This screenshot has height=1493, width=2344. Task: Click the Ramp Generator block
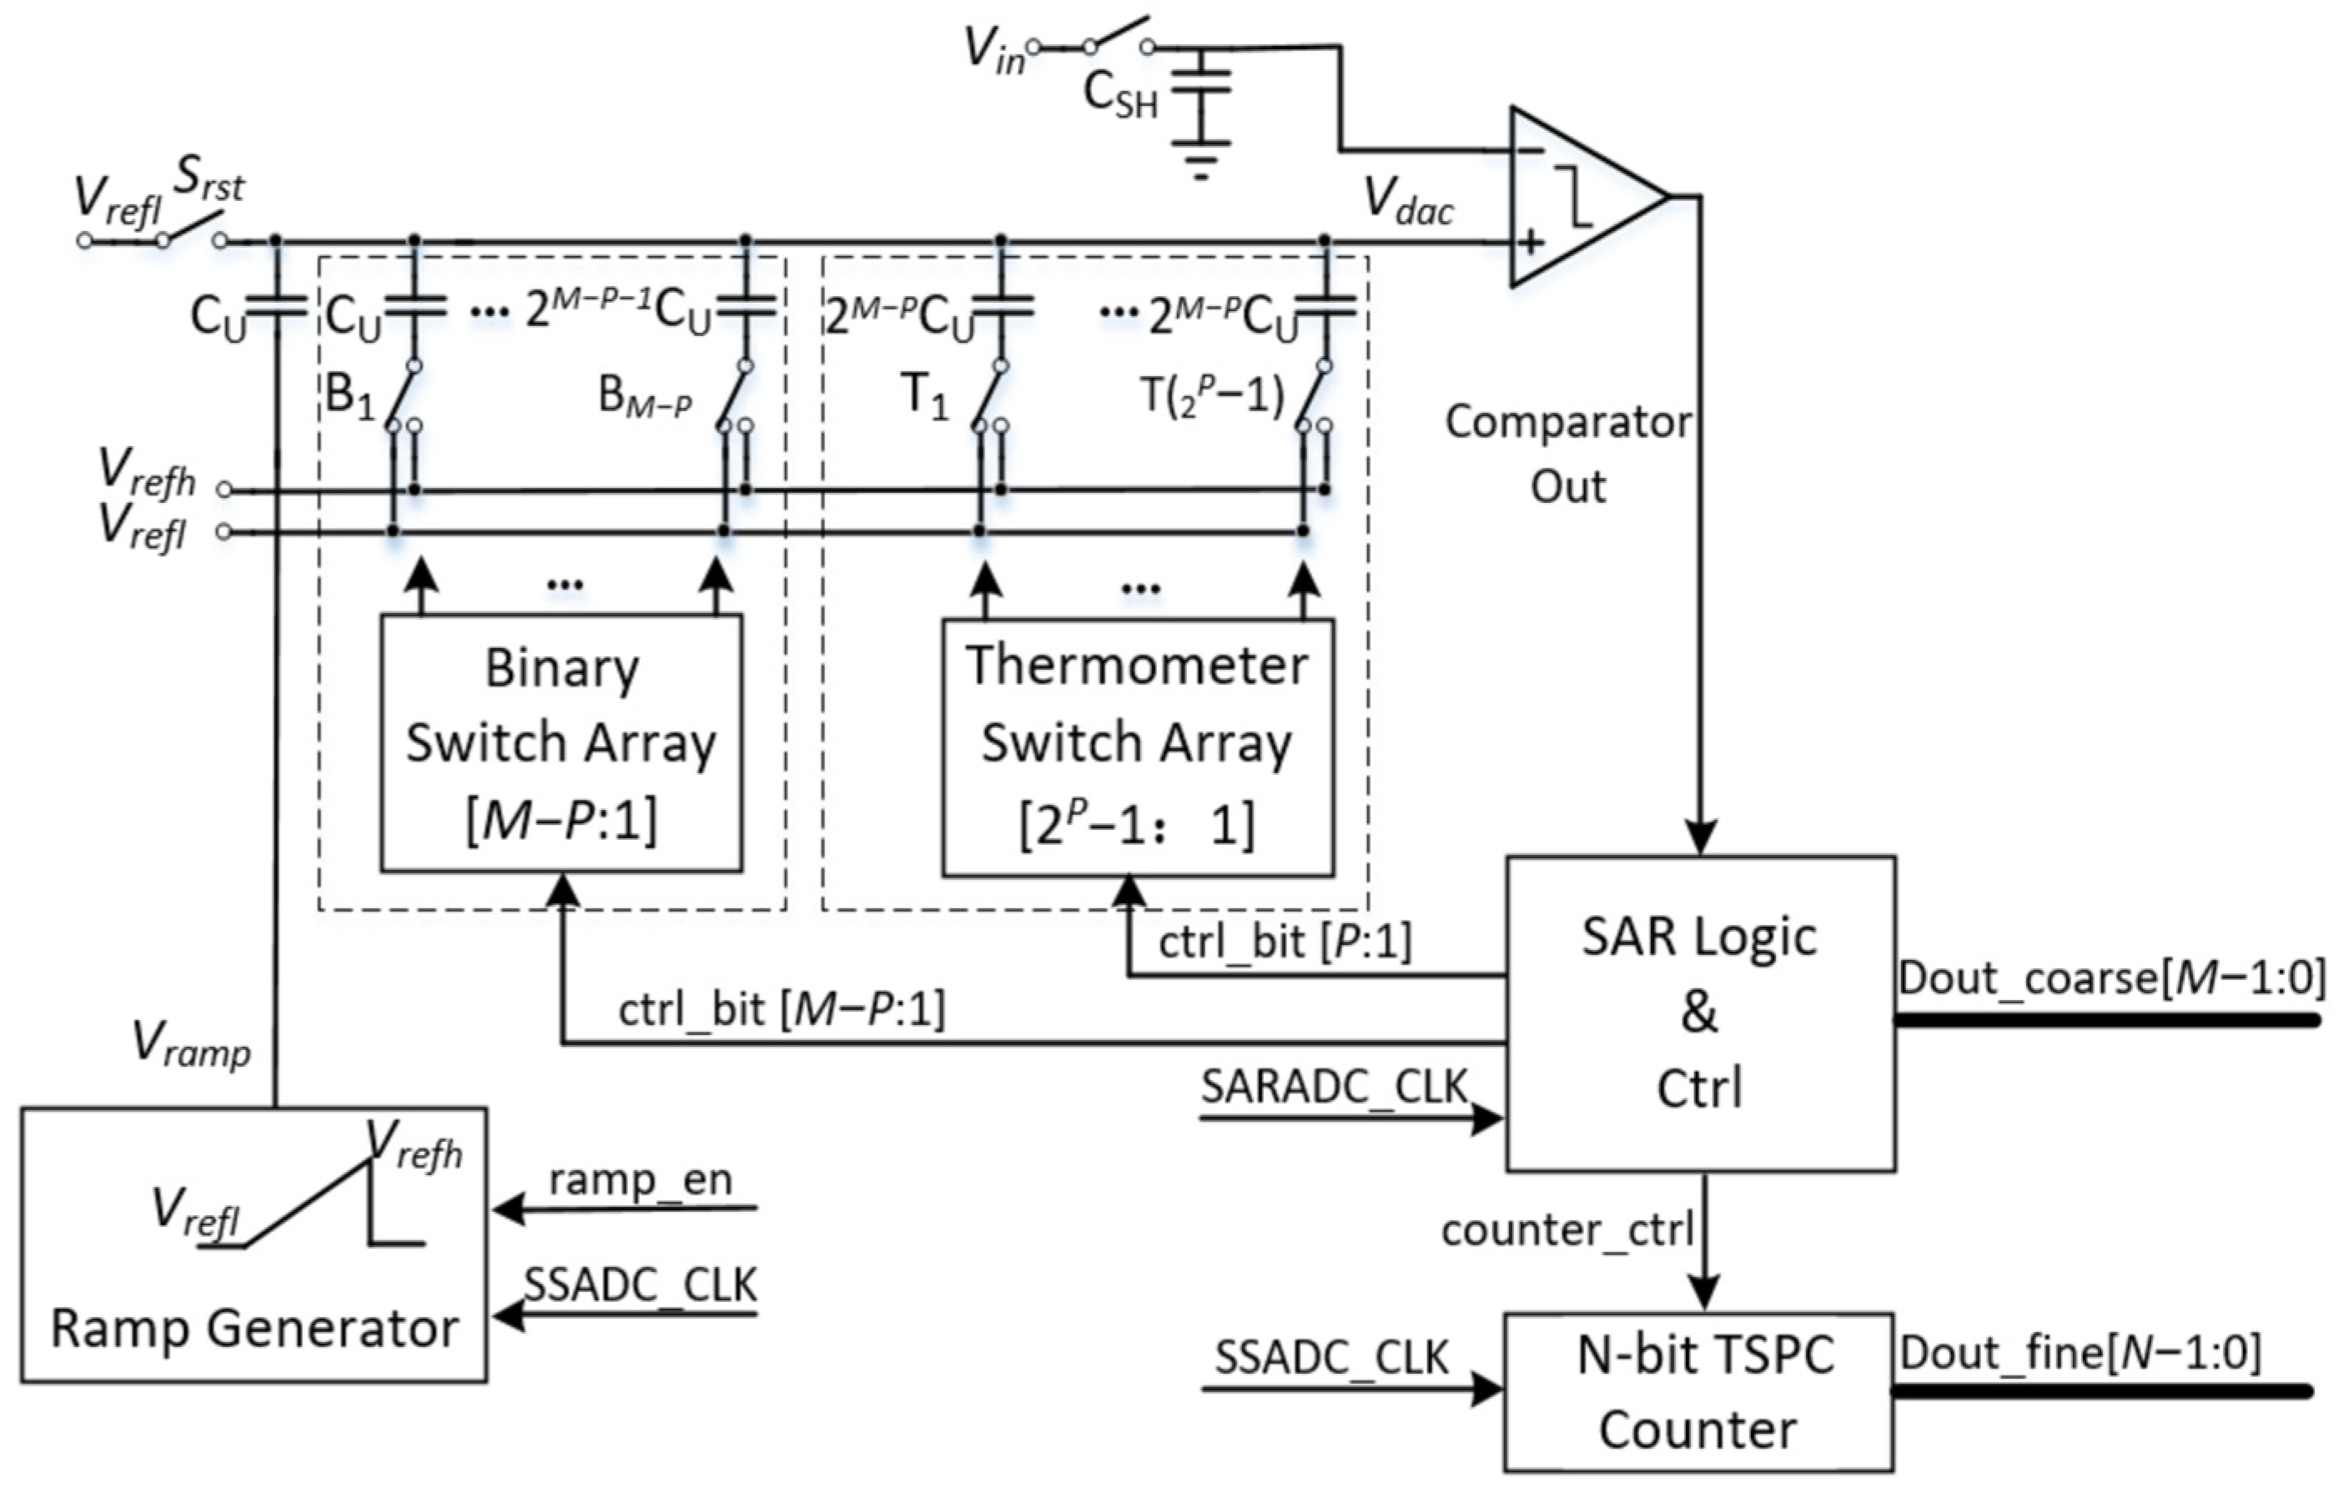(x=253, y=1246)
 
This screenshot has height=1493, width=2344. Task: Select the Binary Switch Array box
(x=561, y=743)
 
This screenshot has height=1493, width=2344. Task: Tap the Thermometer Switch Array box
(x=1137, y=747)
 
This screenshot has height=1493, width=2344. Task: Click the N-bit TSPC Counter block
(x=1698, y=1392)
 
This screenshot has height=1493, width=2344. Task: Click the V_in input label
(x=993, y=48)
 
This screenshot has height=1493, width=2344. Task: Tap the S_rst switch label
(x=209, y=179)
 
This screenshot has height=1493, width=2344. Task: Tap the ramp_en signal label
(x=640, y=1179)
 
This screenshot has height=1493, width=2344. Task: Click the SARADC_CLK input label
(x=1334, y=1086)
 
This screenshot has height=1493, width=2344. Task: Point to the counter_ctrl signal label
(x=1567, y=1230)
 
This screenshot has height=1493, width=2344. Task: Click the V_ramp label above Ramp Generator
(x=191, y=1045)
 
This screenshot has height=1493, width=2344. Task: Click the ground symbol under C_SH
(x=1200, y=161)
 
